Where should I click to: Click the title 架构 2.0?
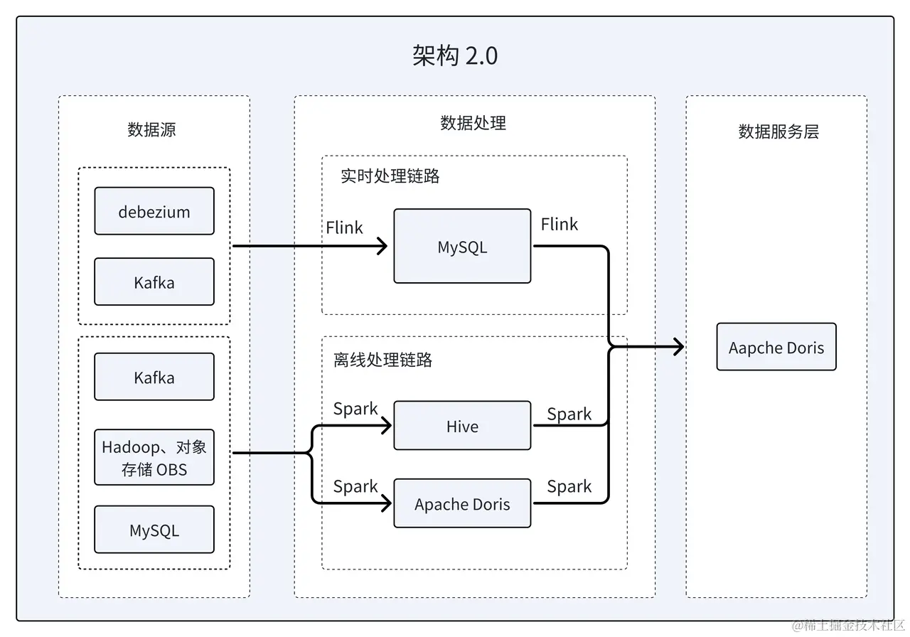(x=455, y=55)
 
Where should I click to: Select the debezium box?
(x=154, y=211)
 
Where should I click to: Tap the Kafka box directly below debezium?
(x=154, y=282)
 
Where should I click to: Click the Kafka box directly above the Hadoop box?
(x=154, y=377)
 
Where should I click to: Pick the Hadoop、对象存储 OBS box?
(x=154, y=457)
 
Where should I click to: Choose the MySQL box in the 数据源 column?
(x=154, y=530)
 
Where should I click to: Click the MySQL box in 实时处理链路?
(x=462, y=247)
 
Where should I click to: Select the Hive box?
(x=462, y=426)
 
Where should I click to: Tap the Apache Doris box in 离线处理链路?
(x=462, y=504)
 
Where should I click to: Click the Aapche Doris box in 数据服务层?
(x=776, y=347)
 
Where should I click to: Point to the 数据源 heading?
(x=152, y=129)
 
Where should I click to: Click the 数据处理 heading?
(x=473, y=123)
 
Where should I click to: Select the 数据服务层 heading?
(x=778, y=132)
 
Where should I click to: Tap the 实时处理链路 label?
(x=390, y=176)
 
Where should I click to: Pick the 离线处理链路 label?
(x=382, y=360)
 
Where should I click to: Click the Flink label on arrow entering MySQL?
(x=344, y=227)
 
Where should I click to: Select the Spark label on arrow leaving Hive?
(x=569, y=414)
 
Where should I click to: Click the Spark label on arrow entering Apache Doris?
(x=355, y=486)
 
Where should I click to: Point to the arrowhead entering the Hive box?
(x=387, y=426)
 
